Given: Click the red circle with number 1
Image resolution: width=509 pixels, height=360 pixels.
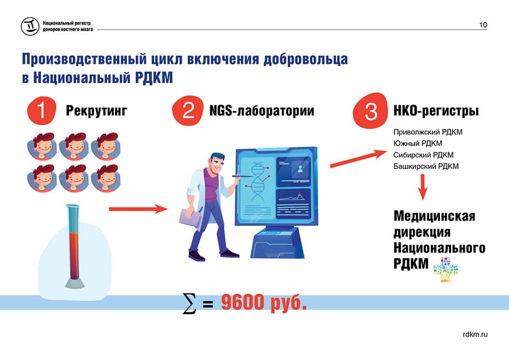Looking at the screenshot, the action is coord(42,111).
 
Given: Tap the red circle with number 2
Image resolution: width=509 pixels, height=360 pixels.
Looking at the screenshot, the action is coord(188,111).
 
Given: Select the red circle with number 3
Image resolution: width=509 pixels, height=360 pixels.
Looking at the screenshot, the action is coord(371,111).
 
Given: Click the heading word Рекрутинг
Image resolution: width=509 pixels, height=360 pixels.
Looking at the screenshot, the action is coord(96,111).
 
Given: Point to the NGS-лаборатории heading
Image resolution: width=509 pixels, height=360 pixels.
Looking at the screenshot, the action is coord(262,111).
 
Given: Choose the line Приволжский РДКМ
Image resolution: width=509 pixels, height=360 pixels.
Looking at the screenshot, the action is coord(428,132).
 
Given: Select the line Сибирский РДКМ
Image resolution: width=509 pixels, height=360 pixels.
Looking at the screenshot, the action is coord(423,155).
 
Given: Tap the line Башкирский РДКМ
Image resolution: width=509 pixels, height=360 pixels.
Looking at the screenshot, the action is coord(426,166).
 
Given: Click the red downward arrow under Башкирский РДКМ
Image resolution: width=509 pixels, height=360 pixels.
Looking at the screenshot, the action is coord(423,187).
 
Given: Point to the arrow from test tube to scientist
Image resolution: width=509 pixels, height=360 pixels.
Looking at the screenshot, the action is coord(138,209).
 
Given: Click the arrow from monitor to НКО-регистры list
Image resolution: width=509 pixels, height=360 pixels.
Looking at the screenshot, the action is coord(358,159).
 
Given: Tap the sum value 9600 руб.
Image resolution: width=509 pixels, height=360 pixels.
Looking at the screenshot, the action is coord(264,303).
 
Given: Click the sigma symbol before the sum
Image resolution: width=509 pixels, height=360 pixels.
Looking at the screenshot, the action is coord(189,304).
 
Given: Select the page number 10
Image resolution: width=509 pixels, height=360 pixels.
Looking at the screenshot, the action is coord(483,25).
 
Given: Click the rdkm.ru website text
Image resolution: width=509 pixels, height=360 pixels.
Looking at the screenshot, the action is coord(475,334).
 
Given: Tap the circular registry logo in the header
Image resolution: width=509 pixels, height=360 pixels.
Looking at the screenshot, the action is coord(30,26).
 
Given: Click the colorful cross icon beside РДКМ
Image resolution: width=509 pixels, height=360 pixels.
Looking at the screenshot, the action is coord(446,270).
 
